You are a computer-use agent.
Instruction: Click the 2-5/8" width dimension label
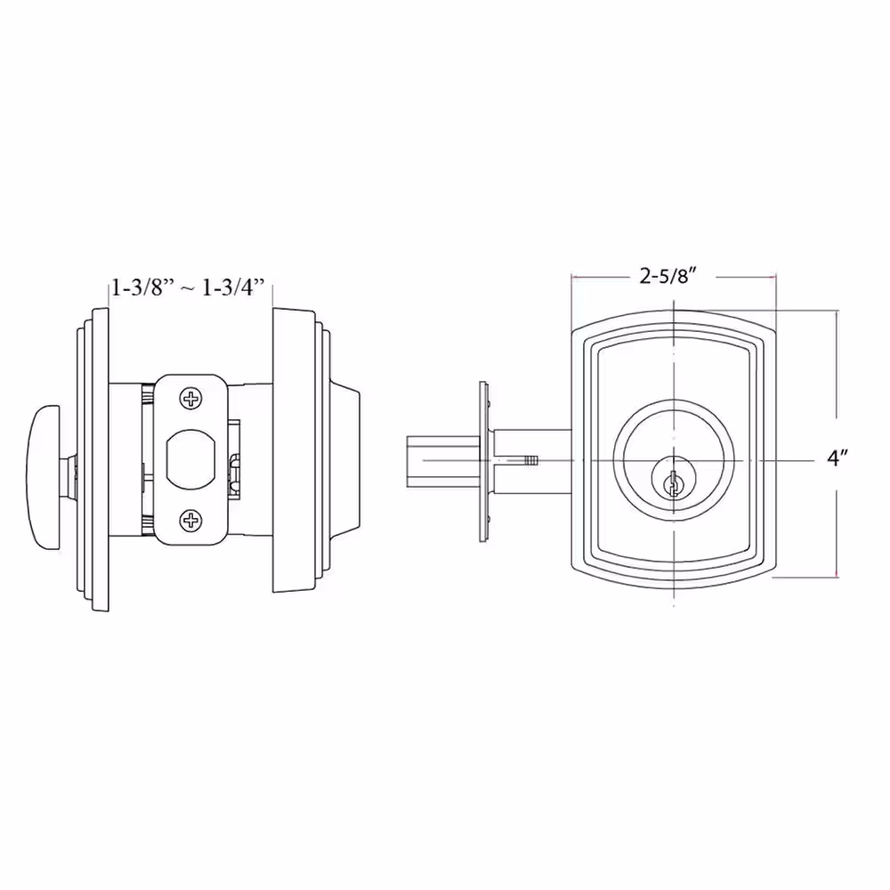tap(668, 277)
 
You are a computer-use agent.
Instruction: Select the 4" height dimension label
tap(837, 457)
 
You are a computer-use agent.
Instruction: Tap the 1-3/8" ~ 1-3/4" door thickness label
tap(189, 287)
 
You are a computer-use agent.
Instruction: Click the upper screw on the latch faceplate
tap(191, 399)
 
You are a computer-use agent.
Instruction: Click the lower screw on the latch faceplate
tap(191, 520)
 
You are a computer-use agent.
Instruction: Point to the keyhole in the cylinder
tap(673, 483)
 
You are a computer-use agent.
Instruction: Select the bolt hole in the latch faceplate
tap(191, 459)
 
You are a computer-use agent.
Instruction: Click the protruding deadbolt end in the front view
tap(443, 461)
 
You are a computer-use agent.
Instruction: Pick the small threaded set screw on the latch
tap(531, 460)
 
